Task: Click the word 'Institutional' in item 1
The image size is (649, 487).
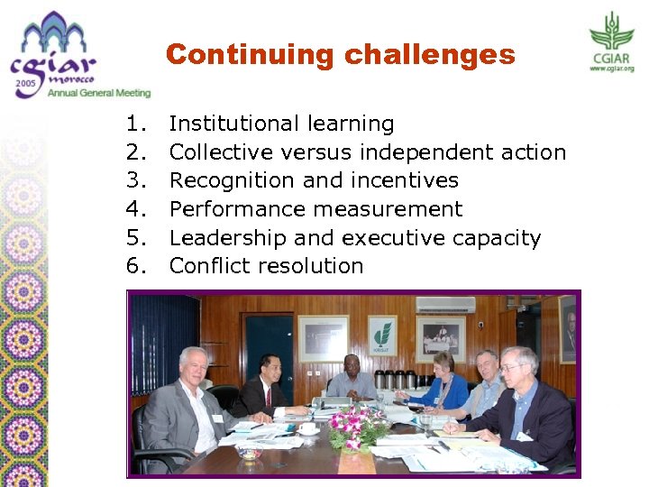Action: point(235,124)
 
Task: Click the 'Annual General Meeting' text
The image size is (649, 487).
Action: point(98,92)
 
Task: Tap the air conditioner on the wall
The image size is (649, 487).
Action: point(444,305)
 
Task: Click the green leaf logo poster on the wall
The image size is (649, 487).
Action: point(382,335)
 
